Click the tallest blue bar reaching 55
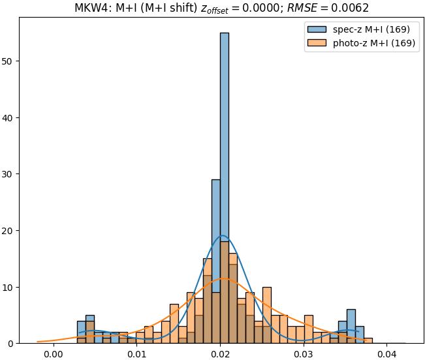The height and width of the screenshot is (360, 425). [x=225, y=189]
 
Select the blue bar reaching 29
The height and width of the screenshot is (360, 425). [x=216, y=261]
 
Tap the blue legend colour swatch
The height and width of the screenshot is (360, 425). [x=318, y=30]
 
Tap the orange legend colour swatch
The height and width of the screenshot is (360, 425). [x=318, y=44]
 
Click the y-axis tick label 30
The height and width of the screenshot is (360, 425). [x=9, y=174]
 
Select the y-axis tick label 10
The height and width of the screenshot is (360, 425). [x=9, y=287]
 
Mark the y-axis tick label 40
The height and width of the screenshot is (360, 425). [x=9, y=118]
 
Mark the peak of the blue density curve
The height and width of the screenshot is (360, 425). [x=223, y=236]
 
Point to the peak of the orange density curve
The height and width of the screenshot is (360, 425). [x=224, y=278]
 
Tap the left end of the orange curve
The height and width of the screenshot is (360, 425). [x=37, y=341]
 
